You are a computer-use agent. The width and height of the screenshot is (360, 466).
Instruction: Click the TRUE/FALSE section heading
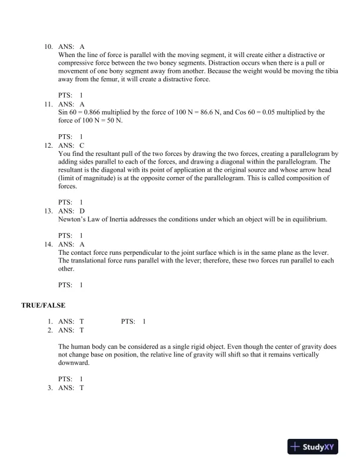43,305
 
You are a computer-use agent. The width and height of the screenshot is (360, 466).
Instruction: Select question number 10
49,45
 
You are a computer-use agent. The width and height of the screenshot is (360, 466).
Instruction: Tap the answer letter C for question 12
82,144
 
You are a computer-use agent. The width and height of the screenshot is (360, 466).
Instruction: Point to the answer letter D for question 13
82,210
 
